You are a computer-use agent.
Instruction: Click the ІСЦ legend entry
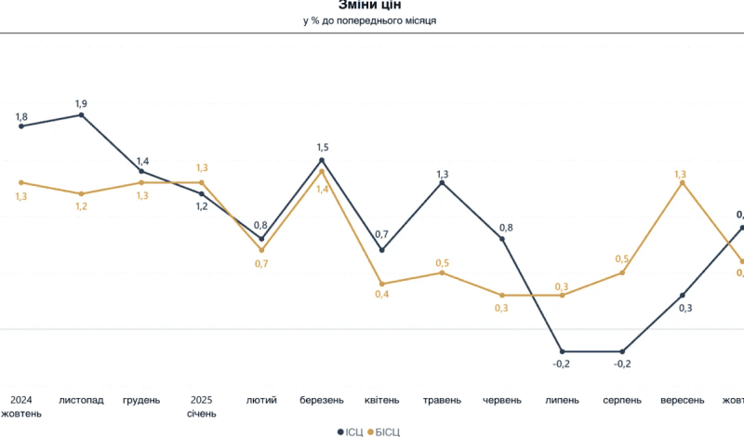pyautogui.click(x=349, y=431)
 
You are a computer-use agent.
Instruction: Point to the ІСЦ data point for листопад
pyautogui.click(x=81, y=114)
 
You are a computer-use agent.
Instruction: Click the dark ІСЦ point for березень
pyautogui.click(x=322, y=160)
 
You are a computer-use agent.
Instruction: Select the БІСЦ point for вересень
pyautogui.click(x=683, y=182)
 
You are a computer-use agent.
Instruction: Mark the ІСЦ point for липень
pyautogui.click(x=562, y=351)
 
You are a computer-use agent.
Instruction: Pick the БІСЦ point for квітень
pyautogui.click(x=381, y=284)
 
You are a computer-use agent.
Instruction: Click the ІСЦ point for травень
pyautogui.click(x=442, y=182)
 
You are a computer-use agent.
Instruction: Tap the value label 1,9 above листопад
pyautogui.click(x=81, y=102)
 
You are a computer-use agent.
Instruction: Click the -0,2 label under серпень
pyautogui.click(x=622, y=364)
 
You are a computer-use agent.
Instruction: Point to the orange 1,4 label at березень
pyautogui.click(x=322, y=189)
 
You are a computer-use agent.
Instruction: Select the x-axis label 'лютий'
pyautogui.click(x=261, y=401)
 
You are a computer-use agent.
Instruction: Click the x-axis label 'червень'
pyautogui.click(x=502, y=401)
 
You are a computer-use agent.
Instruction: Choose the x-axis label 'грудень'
pyautogui.click(x=141, y=401)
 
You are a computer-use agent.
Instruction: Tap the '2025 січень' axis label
pyautogui.click(x=201, y=406)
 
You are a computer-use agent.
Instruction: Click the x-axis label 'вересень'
pyautogui.click(x=682, y=401)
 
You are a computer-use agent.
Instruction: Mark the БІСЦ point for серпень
pyautogui.click(x=622, y=272)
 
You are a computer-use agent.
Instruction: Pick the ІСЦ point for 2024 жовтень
pyautogui.click(x=21, y=126)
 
